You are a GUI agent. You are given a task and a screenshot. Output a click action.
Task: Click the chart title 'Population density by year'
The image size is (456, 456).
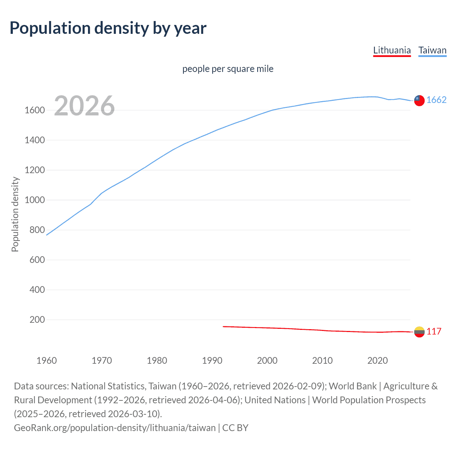(x=108, y=28)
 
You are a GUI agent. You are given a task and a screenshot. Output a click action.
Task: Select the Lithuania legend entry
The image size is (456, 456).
(x=392, y=50)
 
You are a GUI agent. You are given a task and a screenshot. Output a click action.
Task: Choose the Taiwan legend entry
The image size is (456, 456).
(x=432, y=50)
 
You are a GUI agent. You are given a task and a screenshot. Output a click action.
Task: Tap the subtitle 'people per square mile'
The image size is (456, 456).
(x=228, y=69)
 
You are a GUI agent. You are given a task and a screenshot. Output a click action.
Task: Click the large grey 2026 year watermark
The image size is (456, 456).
(x=84, y=106)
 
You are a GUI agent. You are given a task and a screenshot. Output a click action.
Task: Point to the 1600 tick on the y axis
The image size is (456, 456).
(x=35, y=110)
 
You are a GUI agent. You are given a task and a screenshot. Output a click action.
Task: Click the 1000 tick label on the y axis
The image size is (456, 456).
(x=35, y=200)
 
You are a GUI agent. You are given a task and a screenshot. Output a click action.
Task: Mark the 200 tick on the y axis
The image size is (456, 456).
(x=37, y=320)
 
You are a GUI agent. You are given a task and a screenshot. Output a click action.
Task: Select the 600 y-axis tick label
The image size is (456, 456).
(x=37, y=260)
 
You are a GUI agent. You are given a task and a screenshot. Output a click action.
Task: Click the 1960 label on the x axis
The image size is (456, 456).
(x=47, y=361)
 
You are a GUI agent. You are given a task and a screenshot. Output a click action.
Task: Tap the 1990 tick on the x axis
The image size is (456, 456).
(x=212, y=361)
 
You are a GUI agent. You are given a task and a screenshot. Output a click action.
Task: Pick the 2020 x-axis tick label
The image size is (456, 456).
(x=377, y=361)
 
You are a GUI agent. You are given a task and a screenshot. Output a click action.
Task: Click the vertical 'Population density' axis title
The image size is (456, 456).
(x=15, y=214)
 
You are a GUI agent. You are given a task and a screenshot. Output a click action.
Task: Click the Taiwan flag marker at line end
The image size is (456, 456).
(x=419, y=101)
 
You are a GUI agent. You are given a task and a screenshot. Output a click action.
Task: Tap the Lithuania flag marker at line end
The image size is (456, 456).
(x=419, y=332)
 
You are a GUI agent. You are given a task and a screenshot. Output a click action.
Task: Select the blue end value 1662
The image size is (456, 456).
(x=436, y=100)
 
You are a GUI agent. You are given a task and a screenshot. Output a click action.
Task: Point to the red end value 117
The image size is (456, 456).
(x=434, y=332)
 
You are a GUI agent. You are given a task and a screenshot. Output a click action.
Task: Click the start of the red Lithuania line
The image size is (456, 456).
(x=223, y=326)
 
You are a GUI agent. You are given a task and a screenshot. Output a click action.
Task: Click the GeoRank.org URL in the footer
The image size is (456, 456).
(x=115, y=427)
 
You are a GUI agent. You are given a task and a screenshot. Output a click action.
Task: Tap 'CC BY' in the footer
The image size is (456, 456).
(x=235, y=427)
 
